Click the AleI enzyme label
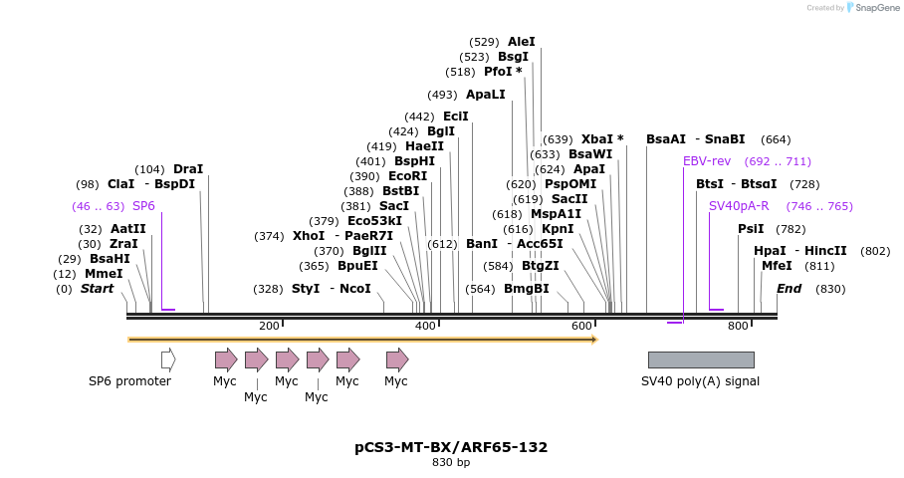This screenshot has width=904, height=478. (522, 42)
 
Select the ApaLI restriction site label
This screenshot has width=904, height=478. (486, 95)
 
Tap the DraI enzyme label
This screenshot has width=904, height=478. (188, 169)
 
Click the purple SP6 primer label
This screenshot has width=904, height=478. (143, 206)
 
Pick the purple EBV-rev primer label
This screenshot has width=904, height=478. (707, 161)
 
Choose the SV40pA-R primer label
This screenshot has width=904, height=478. (739, 206)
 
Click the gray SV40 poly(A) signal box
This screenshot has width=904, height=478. (701, 359)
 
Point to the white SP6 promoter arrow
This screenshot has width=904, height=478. (168, 358)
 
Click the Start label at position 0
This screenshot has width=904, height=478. (98, 289)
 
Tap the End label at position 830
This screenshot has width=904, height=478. (790, 289)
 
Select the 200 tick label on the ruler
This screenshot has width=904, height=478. (269, 326)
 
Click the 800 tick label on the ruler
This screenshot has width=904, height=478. (738, 326)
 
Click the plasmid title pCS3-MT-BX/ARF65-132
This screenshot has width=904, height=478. (451, 447)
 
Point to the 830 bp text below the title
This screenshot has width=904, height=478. (451, 462)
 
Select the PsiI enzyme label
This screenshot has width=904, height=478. (751, 229)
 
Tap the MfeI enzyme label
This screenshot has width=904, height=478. (777, 266)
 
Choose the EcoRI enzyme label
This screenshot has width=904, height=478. (407, 176)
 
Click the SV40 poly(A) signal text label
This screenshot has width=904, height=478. (700, 381)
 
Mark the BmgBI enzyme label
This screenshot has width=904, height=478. (527, 289)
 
